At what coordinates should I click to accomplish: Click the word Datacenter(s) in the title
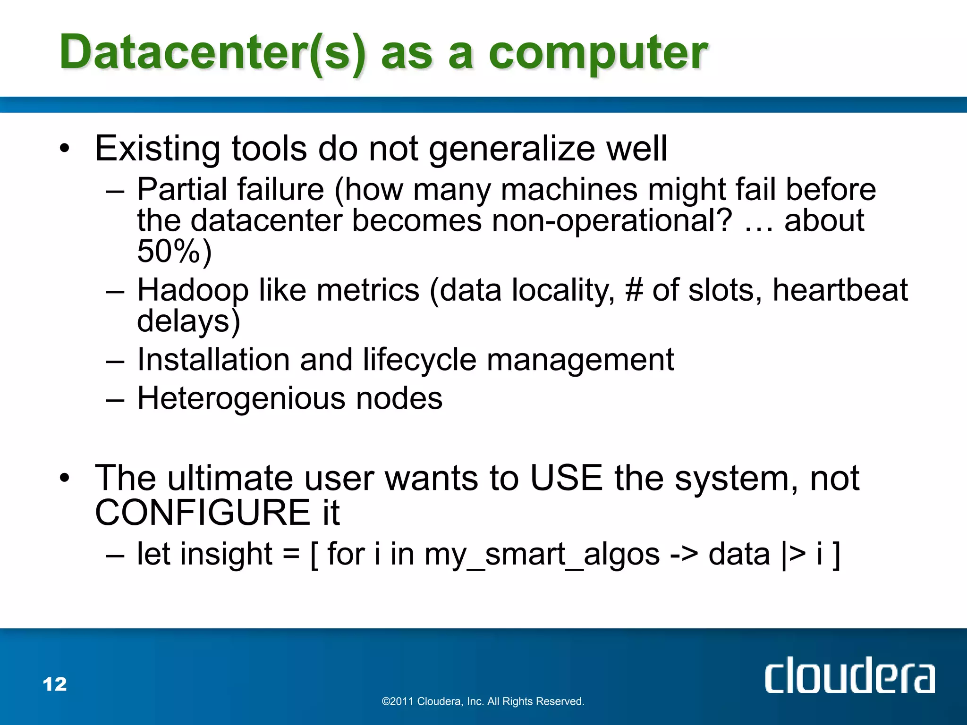(x=212, y=53)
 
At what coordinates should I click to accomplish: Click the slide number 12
(x=55, y=684)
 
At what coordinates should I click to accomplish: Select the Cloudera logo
(x=849, y=675)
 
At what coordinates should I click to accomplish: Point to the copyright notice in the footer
(x=483, y=701)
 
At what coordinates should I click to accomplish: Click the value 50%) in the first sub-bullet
(x=174, y=251)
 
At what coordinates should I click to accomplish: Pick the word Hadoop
(x=193, y=290)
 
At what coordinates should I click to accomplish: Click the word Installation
(x=212, y=360)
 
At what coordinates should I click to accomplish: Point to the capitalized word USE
(x=567, y=478)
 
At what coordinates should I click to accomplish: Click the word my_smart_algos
(x=542, y=555)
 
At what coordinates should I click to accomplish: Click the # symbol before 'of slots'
(x=634, y=290)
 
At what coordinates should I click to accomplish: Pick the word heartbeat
(x=840, y=290)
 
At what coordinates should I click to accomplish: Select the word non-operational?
(x=611, y=220)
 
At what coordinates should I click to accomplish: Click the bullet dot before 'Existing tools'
(x=65, y=149)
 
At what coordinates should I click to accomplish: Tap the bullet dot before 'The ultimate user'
(x=65, y=479)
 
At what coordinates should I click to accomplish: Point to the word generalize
(x=512, y=149)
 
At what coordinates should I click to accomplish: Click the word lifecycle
(x=419, y=360)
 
